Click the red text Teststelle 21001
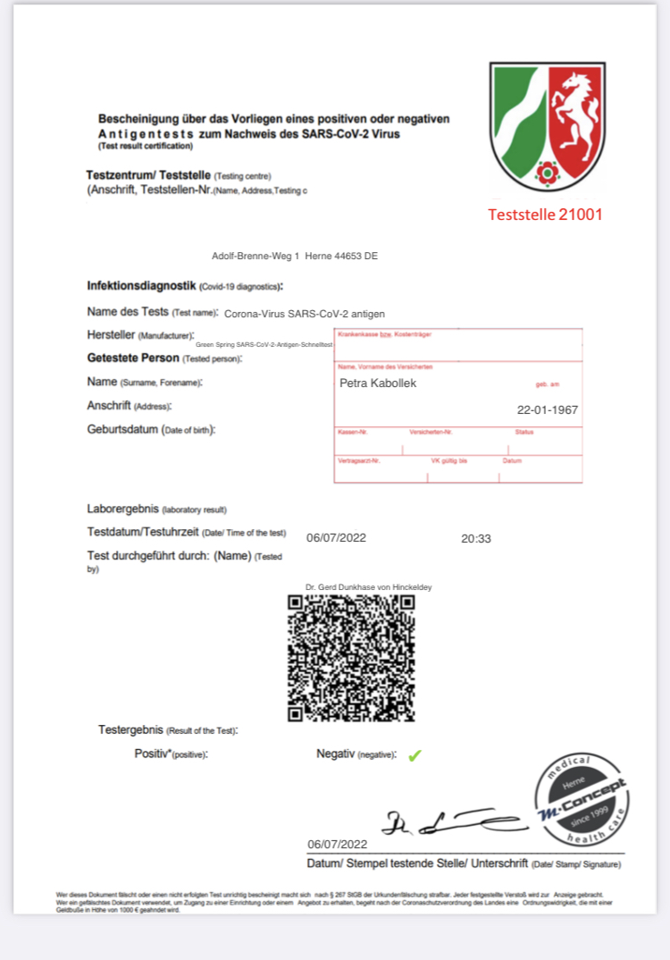pos(545,215)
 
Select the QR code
pos(351,657)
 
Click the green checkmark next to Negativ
pos(415,755)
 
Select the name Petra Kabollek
pos(378,383)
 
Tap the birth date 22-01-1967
pos(548,410)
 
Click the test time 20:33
pos(476,538)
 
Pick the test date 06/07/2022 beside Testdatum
pos(336,538)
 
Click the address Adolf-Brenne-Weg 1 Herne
pos(295,256)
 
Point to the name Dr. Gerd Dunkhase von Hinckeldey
pos(368,587)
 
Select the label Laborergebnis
pos(122,509)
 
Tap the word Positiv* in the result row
pos(152,754)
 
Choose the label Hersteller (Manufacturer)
pos(140,334)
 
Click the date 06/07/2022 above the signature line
pos(337,844)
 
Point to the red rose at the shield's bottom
pos(545,173)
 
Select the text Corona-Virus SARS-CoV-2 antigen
pos(305,313)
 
